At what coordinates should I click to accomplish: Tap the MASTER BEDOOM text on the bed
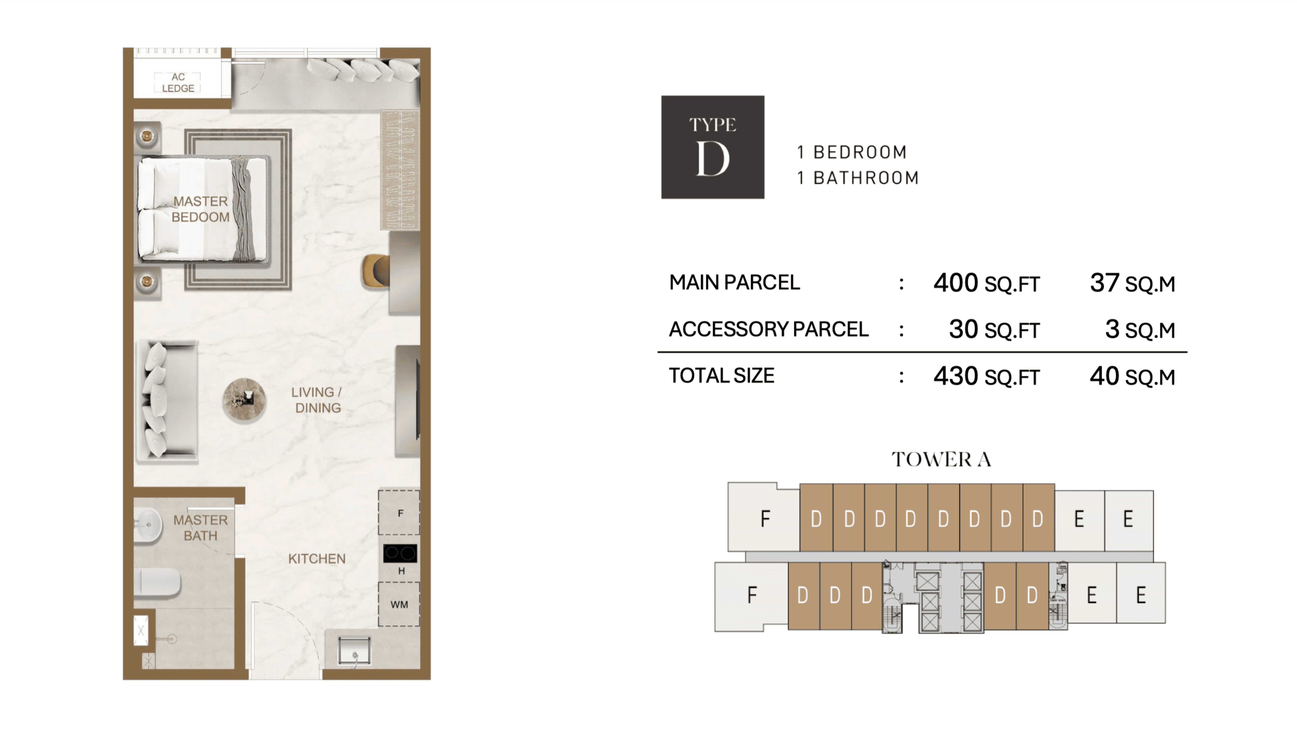(200, 209)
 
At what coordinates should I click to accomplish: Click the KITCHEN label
(317, 559)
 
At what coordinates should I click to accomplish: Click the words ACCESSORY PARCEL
(768, 329)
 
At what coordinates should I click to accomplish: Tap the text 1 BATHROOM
(858, 178)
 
